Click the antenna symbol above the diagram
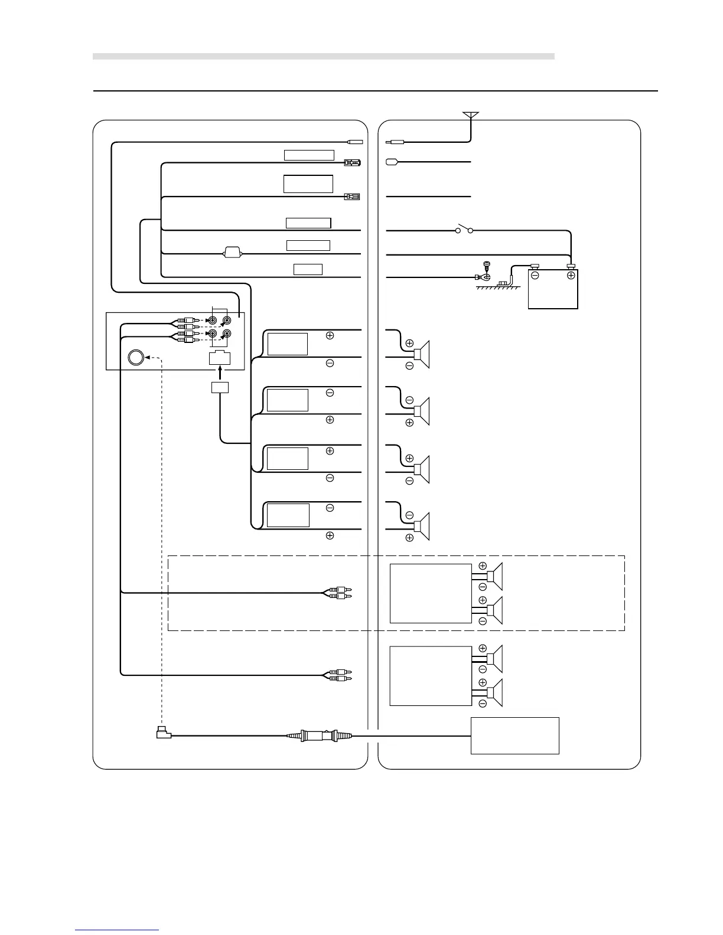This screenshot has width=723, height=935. click(471, 116)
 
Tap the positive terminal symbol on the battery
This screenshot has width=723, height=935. click(571, 276)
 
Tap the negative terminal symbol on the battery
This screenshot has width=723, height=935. click(535, 276)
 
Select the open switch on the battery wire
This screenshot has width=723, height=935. click(464, 230)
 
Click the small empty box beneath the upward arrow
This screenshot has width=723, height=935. click(220, 387)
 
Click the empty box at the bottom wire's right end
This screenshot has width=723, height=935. click(514, 735)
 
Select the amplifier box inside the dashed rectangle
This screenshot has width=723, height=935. click(431, 593)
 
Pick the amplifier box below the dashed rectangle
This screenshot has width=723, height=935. click(431, 676)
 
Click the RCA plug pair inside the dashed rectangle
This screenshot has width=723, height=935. click(339, 593)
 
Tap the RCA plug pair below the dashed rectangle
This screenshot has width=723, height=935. click(339, 675)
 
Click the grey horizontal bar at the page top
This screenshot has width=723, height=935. click(324, 57)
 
